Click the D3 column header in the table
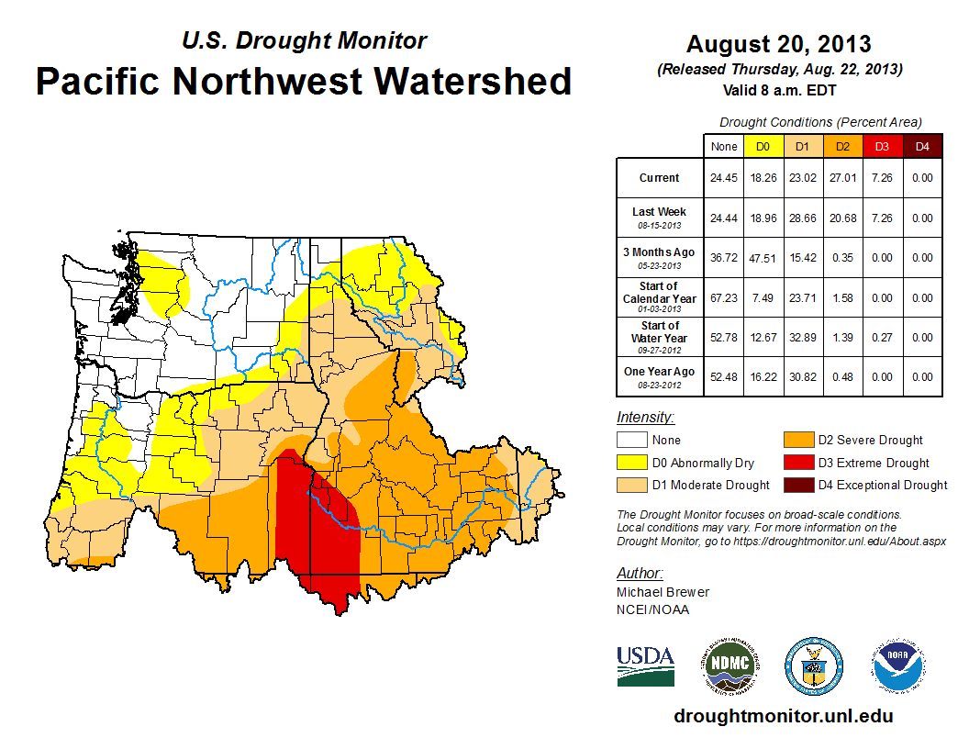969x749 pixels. [x=880, y=146]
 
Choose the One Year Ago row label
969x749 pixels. [x=659, y=372]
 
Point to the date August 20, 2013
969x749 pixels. [x=778, y=43]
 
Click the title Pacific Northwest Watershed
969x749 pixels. [x=304, y=81]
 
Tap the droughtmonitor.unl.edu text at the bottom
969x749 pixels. [x=783, y=716]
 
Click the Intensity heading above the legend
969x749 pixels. [x=645, y=418]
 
